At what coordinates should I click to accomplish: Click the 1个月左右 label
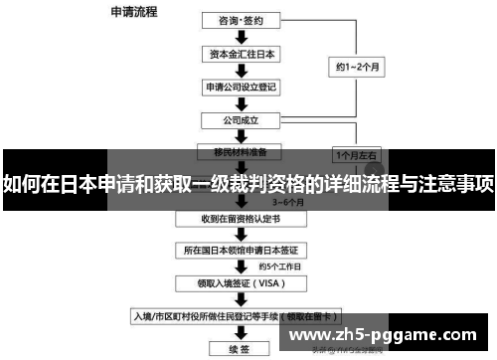(356, 156)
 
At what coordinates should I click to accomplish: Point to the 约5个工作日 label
(277, 267)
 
